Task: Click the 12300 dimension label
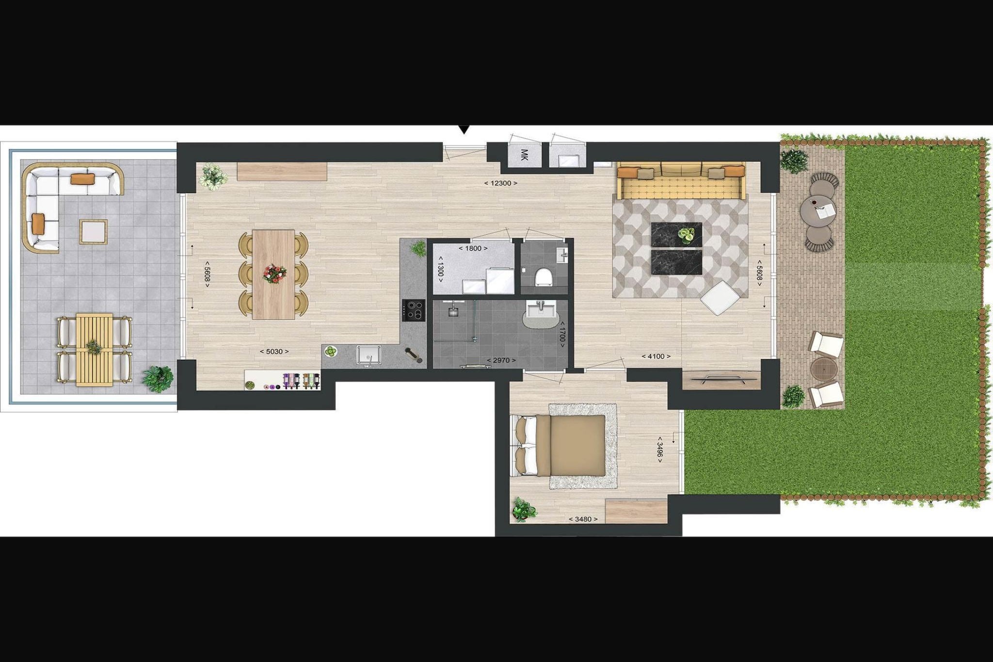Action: (x=500, y=183)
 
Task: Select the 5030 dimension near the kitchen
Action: (x=274, y=352)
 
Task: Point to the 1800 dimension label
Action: (x=473, y=248)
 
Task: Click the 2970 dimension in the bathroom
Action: (x=501, y=360)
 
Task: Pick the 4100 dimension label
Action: (x=656, y=356)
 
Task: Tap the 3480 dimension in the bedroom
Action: (x=583, y=519)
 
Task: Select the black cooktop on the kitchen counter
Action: (x=414, y=310)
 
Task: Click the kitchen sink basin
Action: (x=369, y=355)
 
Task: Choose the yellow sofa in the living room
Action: (x=681, y=181)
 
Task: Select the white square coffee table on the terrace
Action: (x=94, y=231)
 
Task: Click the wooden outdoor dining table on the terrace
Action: (x=94, y=350)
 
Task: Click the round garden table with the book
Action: (x=818, y=211)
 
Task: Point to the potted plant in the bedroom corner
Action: (x=525, y=510)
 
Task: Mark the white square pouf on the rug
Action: (x=719, y=298)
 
